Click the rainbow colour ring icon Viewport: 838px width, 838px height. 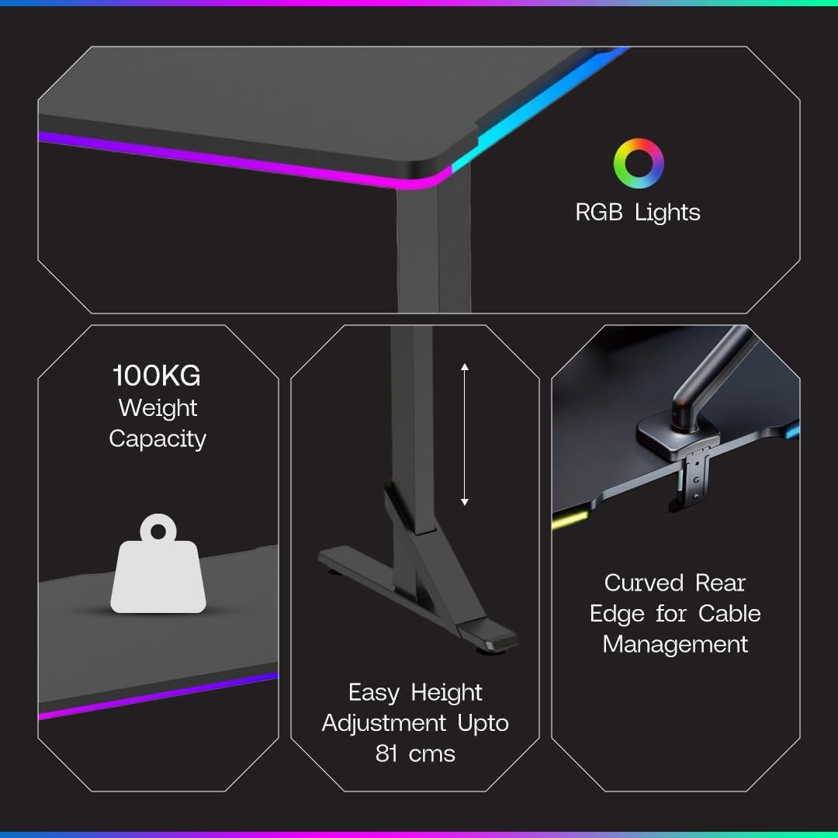pos(639,163)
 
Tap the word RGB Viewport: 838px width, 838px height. pos(598,213)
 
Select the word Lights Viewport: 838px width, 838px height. pos(667,213)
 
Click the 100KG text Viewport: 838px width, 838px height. pos(157,376)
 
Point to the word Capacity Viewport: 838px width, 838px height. pos(158,438)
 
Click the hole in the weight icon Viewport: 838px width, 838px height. pos(158,532)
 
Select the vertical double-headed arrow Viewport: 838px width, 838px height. pos(465,435)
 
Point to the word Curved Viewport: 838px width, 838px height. pos(644,583)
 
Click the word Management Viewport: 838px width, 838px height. pos(675,644)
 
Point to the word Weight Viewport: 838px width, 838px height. pos(158,408)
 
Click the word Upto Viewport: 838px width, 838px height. pos(483,723)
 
